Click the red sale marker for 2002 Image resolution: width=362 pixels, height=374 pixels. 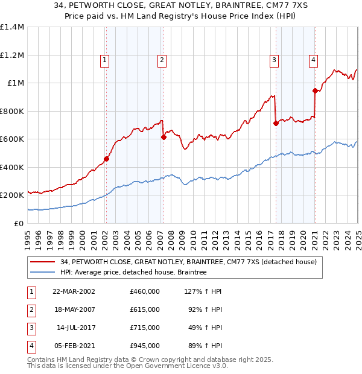click(106, 159)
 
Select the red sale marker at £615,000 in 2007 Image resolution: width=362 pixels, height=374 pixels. click(164, 138)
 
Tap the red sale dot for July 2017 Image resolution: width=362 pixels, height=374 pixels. click(276, 123)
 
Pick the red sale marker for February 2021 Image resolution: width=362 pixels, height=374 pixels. click(315, 91)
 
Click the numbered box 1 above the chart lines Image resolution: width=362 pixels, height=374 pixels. click(105, 60)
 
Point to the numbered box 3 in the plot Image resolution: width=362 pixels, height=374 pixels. click(274, 60)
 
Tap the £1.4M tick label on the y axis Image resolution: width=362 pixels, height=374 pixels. click(12, 27)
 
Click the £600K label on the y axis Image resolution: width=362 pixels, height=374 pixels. click(12, 139)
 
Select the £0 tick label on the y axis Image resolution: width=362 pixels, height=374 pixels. click(19, 223)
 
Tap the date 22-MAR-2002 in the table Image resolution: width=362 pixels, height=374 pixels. click(74, 291)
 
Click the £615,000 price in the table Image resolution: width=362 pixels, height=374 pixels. click(145, 309)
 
